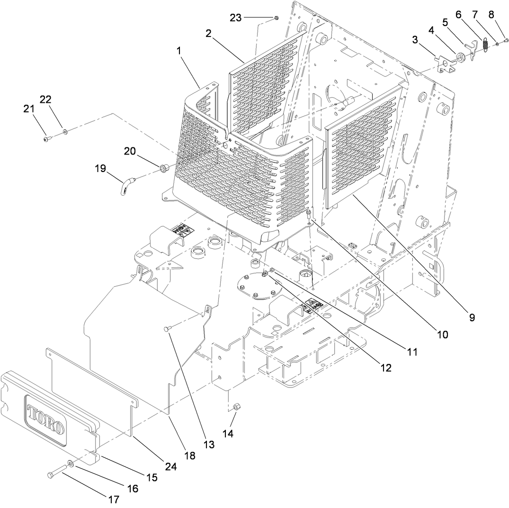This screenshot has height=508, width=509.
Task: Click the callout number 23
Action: (235, 18)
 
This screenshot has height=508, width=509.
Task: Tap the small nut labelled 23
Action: (276, 18)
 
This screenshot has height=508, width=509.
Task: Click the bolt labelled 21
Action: (46, 139)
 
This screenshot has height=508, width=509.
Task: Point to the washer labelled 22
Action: (64, 131)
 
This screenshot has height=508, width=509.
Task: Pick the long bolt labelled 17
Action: (57, 472)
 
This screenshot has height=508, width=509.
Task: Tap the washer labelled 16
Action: (70, 463)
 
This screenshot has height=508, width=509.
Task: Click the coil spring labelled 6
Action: (485, 45)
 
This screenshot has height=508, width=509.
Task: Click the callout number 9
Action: (472, 317)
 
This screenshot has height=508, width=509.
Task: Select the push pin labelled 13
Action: (167, 329)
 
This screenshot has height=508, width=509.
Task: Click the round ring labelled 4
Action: (460, 58)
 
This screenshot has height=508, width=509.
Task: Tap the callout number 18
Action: (189, 455)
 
